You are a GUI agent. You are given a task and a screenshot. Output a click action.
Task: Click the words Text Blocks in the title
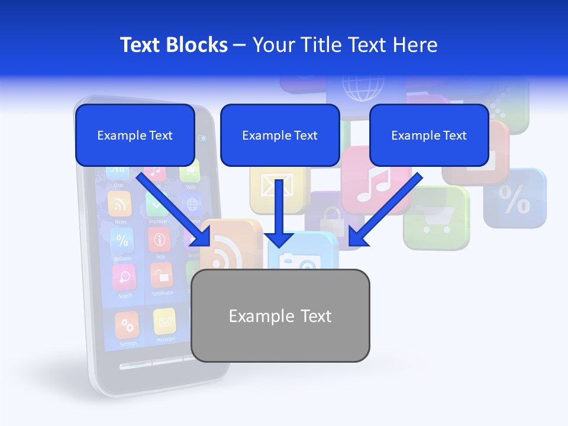(x=174, y=45)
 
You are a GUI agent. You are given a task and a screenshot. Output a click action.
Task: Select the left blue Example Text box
(x=135, y=135)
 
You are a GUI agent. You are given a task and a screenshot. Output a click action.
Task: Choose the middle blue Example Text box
(x=280, y=135)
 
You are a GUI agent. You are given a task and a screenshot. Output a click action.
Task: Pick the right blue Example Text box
(x=429, y=135)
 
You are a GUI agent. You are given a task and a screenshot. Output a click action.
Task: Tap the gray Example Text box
(x=280, y=315)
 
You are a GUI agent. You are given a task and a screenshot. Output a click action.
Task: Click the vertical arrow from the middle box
(x=280, y=213)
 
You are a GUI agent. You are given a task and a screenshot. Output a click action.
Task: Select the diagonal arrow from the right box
(x=385, y=209)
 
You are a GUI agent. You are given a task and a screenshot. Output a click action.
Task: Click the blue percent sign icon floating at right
(x=515, y=199)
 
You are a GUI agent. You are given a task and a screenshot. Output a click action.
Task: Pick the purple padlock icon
(x=331, y=216)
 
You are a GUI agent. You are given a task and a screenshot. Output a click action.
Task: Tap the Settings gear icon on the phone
(x=127, y=325)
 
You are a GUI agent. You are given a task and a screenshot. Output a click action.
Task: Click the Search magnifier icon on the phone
(x=124, y=277)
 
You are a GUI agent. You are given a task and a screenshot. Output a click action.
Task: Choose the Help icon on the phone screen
(x=160, y=240)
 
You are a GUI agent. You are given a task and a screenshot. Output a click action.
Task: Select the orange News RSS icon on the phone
(x=120, y=204)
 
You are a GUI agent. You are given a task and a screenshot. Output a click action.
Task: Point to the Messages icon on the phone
(x=165, y=322)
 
